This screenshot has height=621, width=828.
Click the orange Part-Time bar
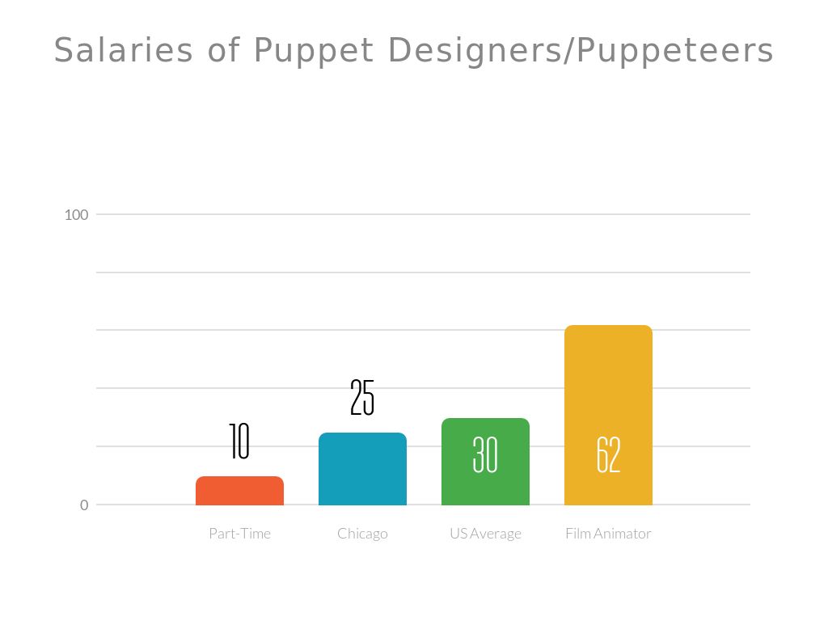point(239,491)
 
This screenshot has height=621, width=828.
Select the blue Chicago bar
point(362,469)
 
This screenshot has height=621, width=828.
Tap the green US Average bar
point(485,485)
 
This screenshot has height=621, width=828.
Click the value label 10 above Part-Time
point(239,441)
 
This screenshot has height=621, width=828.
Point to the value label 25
point(362,398)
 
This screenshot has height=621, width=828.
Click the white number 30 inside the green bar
point(485,455)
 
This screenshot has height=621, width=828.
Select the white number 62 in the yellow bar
point(608,455)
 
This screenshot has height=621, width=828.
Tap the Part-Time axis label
point(239,534)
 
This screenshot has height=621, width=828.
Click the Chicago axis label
point(362,534)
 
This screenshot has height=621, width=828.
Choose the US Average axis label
point(485,534)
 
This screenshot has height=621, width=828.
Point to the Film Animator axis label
point(608,534)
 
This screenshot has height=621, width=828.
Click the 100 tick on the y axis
point(76,215)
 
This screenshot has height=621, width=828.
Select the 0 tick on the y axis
point(84,505)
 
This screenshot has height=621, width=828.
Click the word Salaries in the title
point(124,51)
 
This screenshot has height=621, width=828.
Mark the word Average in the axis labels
point(496,534)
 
